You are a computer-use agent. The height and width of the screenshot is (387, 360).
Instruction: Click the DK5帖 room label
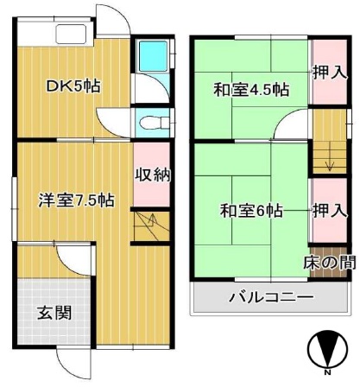click(x=73, y=86)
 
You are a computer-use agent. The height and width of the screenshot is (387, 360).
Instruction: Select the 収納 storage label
click(x=151, y=174)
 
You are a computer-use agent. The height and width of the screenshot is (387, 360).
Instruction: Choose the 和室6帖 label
click(x=250, y=210)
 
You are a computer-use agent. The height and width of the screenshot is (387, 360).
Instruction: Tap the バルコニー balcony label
click(x=270, y=299)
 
